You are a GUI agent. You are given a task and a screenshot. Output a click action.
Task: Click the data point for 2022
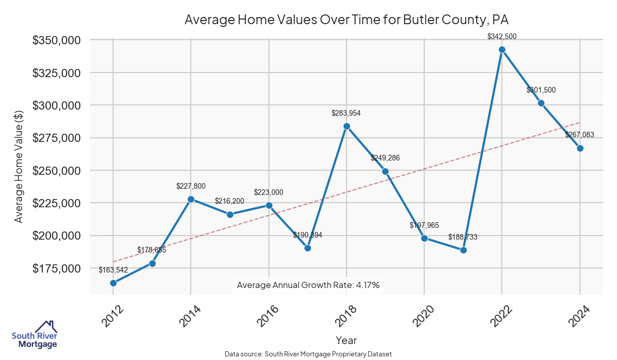[x=502, y=50]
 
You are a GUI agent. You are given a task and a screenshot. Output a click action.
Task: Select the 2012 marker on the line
[x=113, y=283]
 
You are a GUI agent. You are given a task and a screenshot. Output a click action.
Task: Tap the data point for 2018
[x=347, y=126]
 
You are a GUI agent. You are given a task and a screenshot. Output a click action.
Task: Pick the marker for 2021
[x=463, y=250]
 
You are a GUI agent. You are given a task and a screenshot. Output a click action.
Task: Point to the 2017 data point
[x=307, y=248]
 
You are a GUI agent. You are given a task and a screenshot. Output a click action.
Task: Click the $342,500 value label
[x=502, y=37]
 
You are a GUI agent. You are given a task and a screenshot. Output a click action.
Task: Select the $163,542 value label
[x=113, y=269]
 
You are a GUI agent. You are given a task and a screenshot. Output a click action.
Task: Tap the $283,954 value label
[x=347, y=113]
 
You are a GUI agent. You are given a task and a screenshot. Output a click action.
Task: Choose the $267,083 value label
[x=579, y=135]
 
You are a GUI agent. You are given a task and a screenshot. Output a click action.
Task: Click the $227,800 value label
[x=191, y=186]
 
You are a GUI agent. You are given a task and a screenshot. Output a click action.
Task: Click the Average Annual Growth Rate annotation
[x=308, y=285]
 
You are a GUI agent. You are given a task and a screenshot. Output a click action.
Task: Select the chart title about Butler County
[x=347, y=20]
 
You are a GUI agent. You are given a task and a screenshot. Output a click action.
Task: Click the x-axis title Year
[x=346, y=340]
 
